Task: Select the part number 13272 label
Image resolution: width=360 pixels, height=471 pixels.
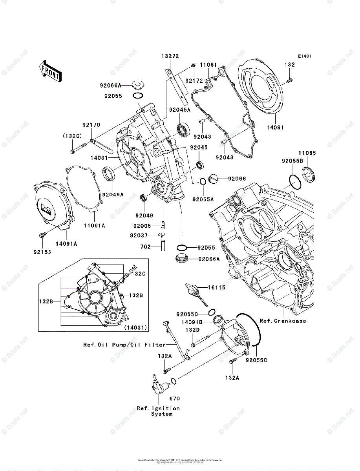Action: [x=170, y=56]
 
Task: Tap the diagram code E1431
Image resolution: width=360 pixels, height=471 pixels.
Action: [x=304, y=57]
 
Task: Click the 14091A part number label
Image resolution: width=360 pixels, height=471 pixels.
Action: [x=66, y=243]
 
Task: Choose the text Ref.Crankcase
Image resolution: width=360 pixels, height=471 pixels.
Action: [x=283, y=321]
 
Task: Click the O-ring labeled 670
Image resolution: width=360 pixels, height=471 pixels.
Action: [x=174, y=381]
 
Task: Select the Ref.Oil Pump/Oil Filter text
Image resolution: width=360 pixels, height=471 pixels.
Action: [x=124, y=345]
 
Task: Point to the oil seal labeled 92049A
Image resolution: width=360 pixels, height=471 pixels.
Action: [x=109, y=174]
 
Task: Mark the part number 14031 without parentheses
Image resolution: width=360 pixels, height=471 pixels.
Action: [x=100, y=158]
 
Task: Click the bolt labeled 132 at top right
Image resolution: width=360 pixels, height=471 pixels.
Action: [x=289, y=80]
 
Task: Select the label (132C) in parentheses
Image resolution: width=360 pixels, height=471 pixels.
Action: [x=71, y=135]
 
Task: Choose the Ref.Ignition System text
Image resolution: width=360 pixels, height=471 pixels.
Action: [x=158, y=411]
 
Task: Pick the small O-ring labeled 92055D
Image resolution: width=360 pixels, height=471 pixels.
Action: [x=212, y=312]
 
